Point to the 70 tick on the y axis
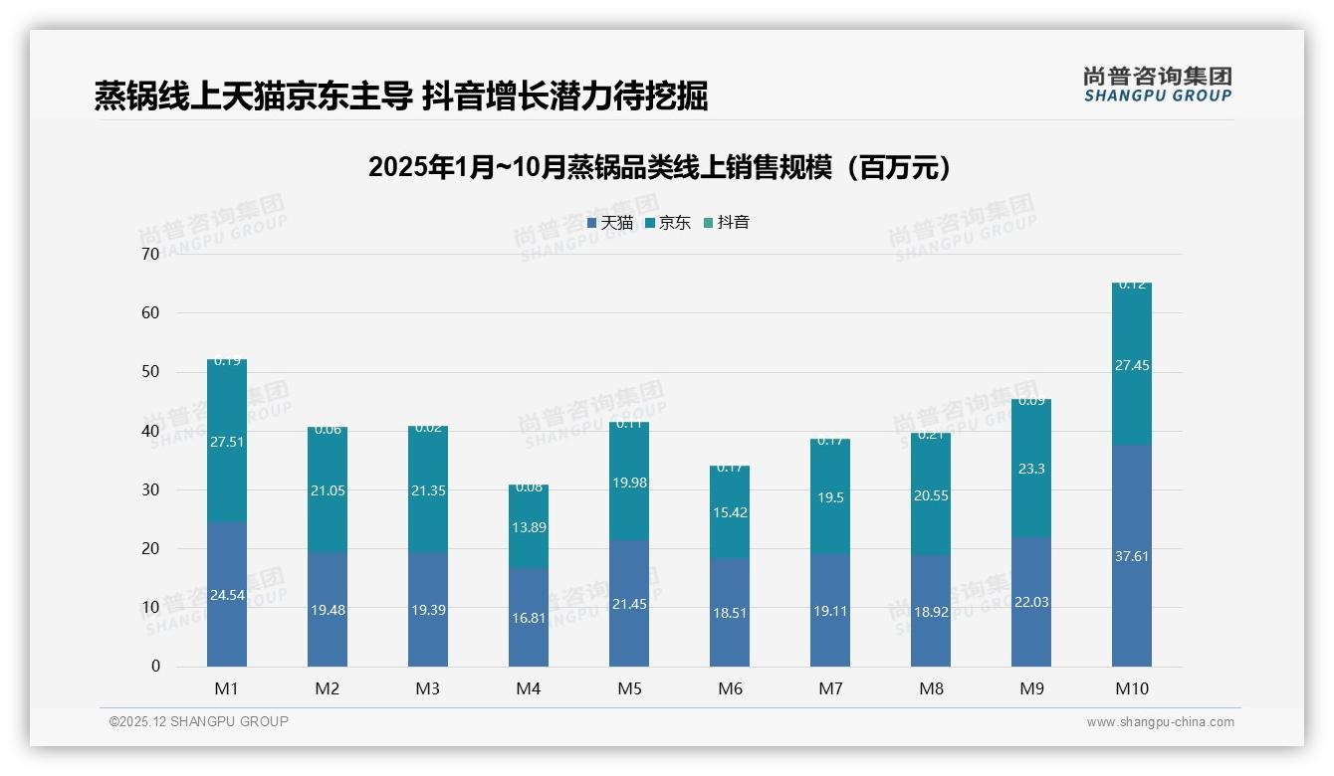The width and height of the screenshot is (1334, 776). click(x=150, y=255)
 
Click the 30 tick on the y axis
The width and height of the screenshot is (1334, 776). click(x=150, y=490)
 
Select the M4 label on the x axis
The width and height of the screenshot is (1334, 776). click(x=529, y=688)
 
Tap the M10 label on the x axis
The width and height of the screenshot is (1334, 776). click(x=1132, y=688)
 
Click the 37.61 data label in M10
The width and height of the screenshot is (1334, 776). click(x=1132, y=556)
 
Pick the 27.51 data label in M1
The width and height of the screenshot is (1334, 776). click(x=227, y=442)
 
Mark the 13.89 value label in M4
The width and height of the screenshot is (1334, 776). click(x=529, y=527)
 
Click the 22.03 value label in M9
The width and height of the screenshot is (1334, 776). click(x=1031, y=602)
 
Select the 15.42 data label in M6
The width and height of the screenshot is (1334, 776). click(x=730, y=512)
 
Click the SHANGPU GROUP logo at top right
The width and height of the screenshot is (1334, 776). click(x=1157, y=85)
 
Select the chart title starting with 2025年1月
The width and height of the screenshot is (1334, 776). click(x=659, y=167)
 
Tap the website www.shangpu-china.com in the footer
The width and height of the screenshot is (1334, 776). click(x=1160, y=722)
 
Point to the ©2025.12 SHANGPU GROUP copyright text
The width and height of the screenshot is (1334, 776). click(x=199, y=722)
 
